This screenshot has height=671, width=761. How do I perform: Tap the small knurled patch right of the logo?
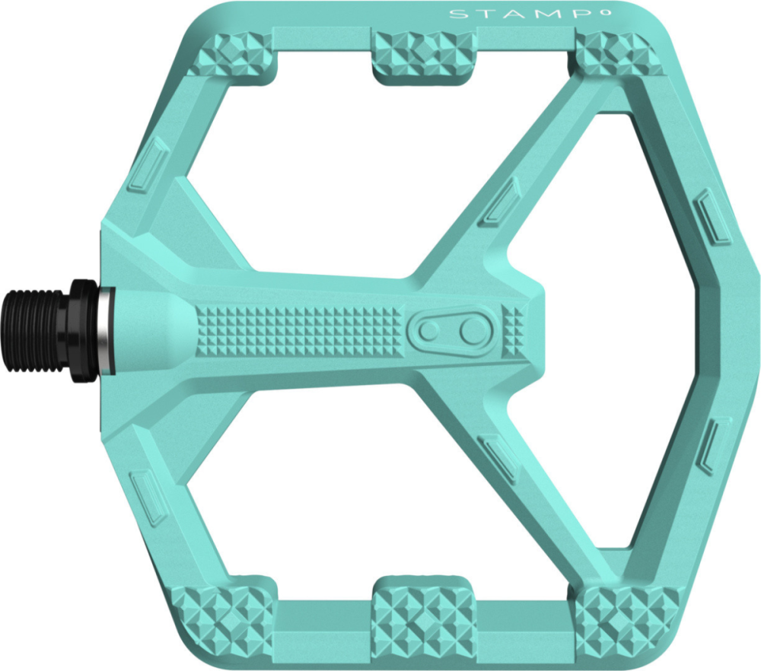pos(514,328)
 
